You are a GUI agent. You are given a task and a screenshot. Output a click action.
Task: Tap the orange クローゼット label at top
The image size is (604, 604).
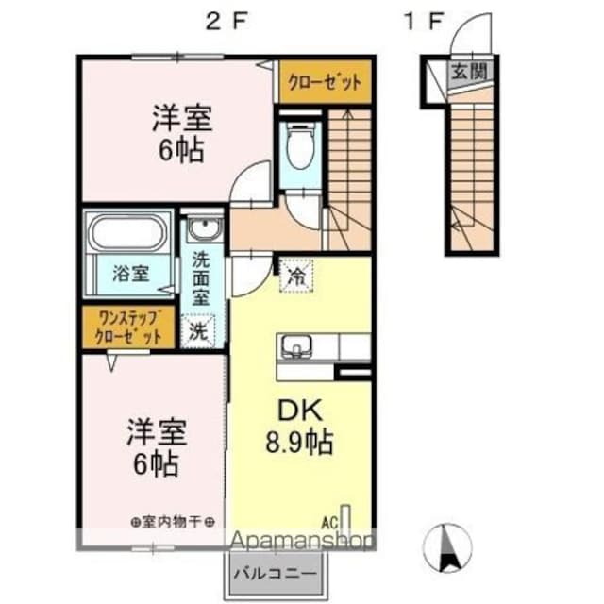tap(324, 82)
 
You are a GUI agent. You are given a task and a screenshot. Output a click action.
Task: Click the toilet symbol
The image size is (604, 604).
tap(301, 147)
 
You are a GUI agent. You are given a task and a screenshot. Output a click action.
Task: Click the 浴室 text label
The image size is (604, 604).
tap(131, 275)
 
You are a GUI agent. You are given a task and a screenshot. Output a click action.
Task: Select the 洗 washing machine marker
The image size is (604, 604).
tap(199, 330)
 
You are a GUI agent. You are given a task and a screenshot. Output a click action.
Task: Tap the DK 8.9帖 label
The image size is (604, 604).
tap(296, 426)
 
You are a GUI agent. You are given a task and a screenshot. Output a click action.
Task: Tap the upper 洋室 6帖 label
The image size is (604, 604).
tap(182, 134)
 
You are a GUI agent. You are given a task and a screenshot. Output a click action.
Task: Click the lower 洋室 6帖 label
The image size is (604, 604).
tap(157, 447)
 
